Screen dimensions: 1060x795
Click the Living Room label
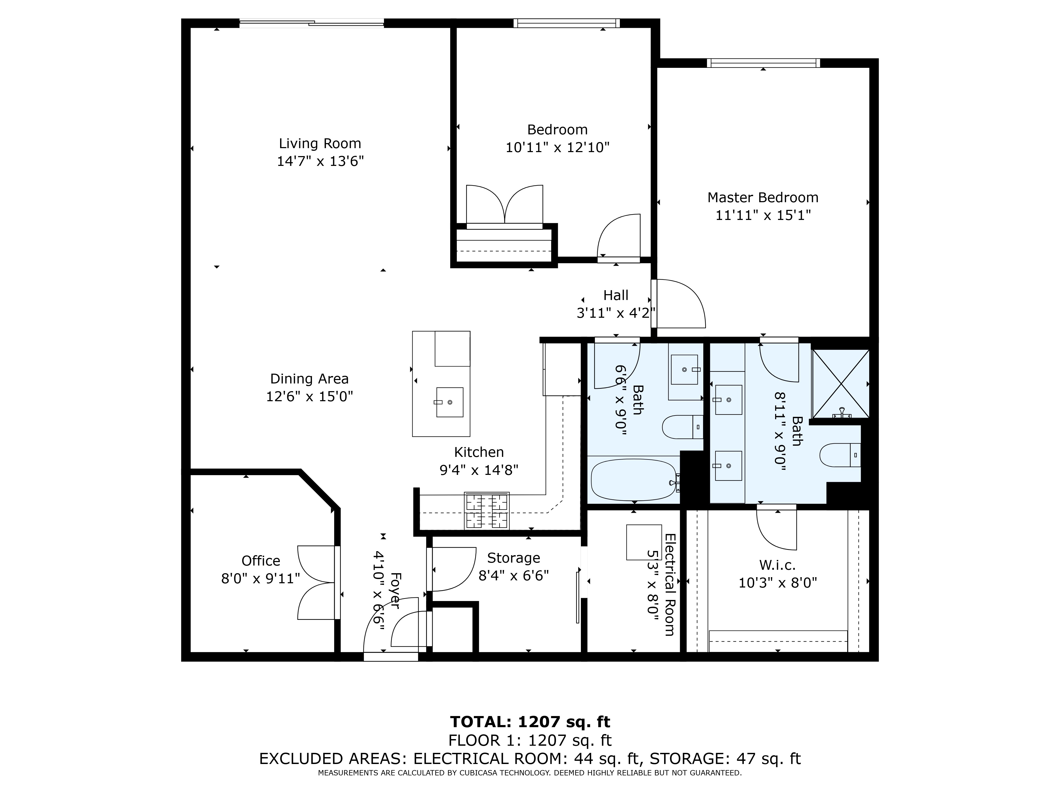[320, 143]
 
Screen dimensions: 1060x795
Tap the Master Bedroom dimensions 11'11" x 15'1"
[763, 215]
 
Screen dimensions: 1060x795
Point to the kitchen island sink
[449, 402]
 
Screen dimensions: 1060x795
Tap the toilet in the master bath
[841, 455]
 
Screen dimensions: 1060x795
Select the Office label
[261, 561]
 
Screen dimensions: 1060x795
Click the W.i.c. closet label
[777, 566]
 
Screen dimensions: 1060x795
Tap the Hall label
[616, 295]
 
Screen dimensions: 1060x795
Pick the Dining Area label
[310, 379]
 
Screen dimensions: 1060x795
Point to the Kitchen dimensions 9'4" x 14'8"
[479, 470]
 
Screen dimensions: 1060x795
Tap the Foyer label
[394, 590]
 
